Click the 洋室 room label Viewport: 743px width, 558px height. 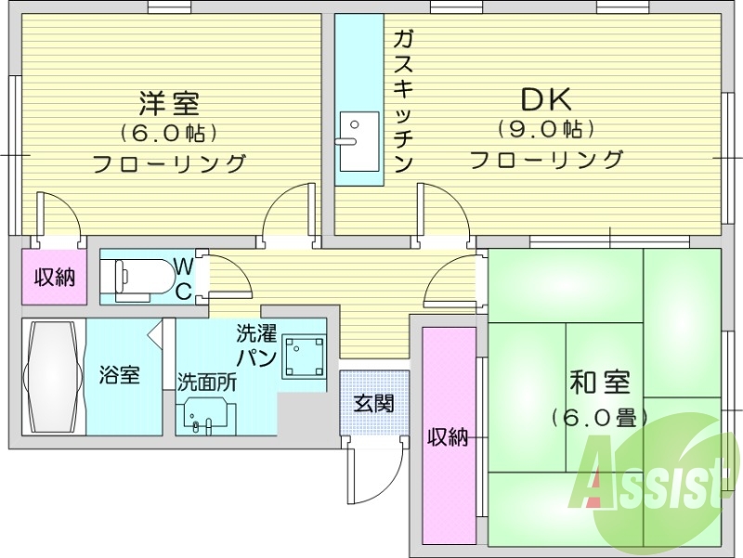pos(169,101)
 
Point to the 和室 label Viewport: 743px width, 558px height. pos(599,383)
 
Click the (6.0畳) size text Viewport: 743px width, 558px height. pos(599,417)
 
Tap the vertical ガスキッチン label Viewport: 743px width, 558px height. pos(402,101)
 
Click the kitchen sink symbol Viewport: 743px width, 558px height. pos(358,141)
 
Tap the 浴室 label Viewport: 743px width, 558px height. pos(121,376)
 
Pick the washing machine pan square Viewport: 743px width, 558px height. pos(304,356)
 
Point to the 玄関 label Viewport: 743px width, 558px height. pos(373,403)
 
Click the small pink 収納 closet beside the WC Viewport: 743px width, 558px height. pos(55,277)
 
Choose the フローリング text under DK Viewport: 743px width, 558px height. pos(546,160)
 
